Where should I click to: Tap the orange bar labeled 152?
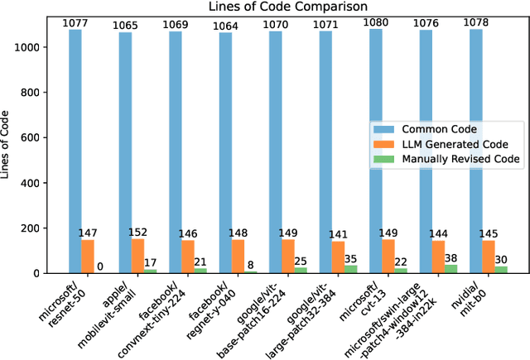tap(137, 256)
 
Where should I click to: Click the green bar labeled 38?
tap(451, 269)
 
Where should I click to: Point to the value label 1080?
tap(376, 22)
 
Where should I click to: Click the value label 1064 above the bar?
tap(225, 26)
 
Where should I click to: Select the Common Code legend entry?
tap(438, 129)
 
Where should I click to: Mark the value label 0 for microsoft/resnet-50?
tap(100, 266)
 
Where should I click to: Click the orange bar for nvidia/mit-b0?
tap(489, 257)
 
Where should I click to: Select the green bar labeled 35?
tap(351, 269)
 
